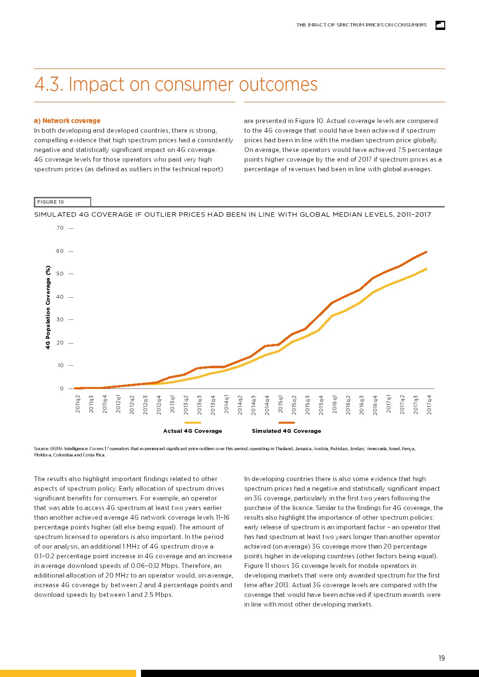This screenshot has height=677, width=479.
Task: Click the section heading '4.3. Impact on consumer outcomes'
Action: pos(176,84)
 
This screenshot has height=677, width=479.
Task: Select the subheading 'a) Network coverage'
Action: pos(67,121)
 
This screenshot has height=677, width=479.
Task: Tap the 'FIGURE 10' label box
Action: pos(62,202)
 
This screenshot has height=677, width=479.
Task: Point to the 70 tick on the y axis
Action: pos(60,228)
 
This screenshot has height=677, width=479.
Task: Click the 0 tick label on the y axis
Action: pos(62,388)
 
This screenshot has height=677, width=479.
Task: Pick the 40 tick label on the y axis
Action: pos(60,297)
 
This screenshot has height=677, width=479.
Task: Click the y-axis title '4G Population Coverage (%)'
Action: pos(48,307)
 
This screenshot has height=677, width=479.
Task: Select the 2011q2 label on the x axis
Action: pos(78,404)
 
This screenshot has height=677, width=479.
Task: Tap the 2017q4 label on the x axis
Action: pos(429,404)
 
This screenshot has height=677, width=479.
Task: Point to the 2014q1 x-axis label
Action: pos(226,404)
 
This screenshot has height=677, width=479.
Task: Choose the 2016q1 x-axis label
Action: pos(335,404)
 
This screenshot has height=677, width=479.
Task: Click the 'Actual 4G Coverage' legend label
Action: pos(193,431)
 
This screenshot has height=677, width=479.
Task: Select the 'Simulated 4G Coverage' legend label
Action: pos(286,431)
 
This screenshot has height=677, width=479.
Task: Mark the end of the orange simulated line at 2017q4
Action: pos(426,252)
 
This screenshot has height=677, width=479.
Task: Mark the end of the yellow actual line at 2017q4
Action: pos(426,269)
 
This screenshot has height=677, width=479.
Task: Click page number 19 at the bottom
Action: pos(441,658)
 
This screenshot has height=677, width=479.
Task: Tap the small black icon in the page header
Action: pos(440,25)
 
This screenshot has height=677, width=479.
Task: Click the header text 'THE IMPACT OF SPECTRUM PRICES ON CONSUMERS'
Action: pos(361,25)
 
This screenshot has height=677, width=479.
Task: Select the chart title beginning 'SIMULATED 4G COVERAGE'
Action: pos(232,215)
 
